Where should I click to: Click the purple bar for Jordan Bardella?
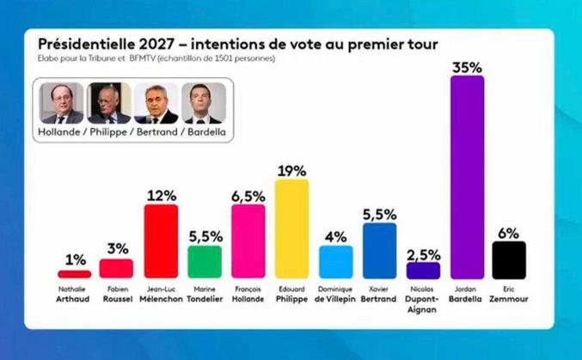click(467, 177)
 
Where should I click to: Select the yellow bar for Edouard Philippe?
click(291, 229)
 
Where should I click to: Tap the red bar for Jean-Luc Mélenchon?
click(161, 241)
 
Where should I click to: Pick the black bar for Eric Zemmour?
click(509, 260)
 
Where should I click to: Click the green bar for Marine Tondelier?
click(205, 262)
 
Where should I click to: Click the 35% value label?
click(467, 65)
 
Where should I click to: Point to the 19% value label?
click(291, 170)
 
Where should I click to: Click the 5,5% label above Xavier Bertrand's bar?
click(379, 213)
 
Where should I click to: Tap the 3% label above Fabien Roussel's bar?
click(117, 248)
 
